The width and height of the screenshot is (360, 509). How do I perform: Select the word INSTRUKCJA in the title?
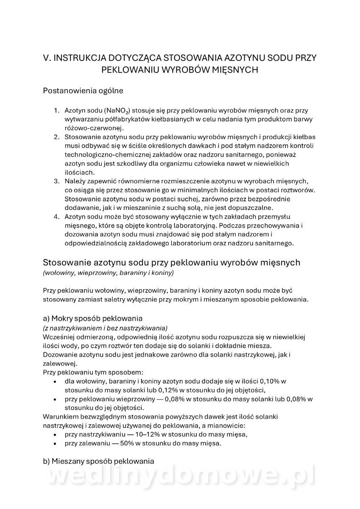pyautogui.click(x=79, y=57)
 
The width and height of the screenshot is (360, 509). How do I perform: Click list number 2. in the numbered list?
pyautogui.click(x=56, y=137)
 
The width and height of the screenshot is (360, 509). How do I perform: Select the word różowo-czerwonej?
pyautogui.click(x=93, y=128)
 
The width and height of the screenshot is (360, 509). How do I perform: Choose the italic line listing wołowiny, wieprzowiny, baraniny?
pyautogui.click(x=108, y=273)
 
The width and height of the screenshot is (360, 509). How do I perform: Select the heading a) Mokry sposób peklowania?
pyautogui.click(x=92, y=319)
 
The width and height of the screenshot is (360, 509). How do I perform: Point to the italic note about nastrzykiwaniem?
pyautogui.click(x=105, y=328)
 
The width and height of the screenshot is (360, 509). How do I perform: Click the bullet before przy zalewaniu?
pyautogui.click(x=55, y=443)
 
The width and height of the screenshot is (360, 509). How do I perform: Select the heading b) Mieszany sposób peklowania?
pyautogui.click(x=98, y=461)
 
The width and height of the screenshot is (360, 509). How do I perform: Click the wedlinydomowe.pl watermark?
pyautogui.click(x=180, y=478)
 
